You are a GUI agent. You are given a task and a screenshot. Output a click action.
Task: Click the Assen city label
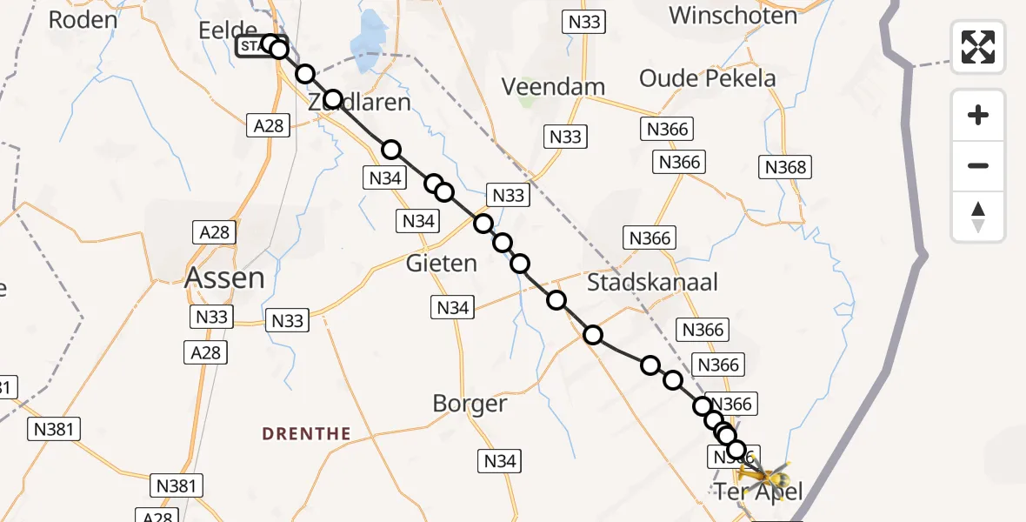(x=225, y=278)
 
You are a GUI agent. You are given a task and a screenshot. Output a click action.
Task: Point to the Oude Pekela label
(x=707, y=78)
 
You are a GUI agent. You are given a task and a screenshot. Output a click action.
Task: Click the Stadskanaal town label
(x=652, y=282)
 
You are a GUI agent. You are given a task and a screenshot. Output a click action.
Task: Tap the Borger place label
(x=470, y=404)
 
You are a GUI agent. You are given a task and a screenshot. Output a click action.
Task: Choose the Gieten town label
(x=442, y=263)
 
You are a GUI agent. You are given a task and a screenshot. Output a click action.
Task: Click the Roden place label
(x=83, y=19)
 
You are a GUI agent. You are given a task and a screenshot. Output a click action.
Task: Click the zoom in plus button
(x=978, y=115)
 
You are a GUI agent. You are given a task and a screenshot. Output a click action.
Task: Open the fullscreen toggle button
(x=978, y=47)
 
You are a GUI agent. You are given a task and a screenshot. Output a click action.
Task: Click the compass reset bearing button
(x=978, y=217)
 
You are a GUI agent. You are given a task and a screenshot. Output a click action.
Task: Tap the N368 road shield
(x=784, y=167)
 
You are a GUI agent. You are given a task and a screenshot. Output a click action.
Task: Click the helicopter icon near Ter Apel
(x=763, y=476)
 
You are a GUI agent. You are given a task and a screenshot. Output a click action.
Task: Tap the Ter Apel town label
(x=758, y=492)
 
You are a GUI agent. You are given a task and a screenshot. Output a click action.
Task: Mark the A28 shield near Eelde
(x=268, y=126)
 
